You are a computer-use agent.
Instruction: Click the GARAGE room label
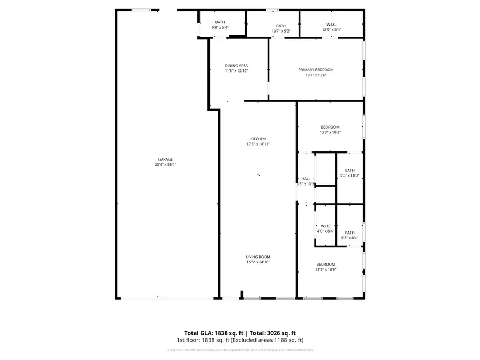165,159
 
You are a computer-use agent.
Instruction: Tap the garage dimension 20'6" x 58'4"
165,165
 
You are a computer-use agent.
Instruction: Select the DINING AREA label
236,66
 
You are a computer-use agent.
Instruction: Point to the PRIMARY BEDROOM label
316,70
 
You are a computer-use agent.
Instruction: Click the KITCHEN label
258,139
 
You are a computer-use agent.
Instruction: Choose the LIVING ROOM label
258,257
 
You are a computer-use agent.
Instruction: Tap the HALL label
306,179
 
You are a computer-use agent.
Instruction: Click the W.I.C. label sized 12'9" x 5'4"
331,25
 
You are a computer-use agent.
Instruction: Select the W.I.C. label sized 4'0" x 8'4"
326,226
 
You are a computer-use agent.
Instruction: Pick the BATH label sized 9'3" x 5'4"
220,22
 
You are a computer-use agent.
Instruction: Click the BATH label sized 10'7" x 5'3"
281,26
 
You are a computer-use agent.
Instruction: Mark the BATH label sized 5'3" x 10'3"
349,170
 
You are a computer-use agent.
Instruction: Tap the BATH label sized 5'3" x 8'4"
349,233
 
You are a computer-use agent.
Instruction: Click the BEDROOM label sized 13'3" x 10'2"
330,127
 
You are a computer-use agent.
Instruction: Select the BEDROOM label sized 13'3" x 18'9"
325,265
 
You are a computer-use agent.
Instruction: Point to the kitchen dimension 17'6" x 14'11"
258,144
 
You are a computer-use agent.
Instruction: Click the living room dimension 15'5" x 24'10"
258,262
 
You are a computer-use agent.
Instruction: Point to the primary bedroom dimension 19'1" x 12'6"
316,75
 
